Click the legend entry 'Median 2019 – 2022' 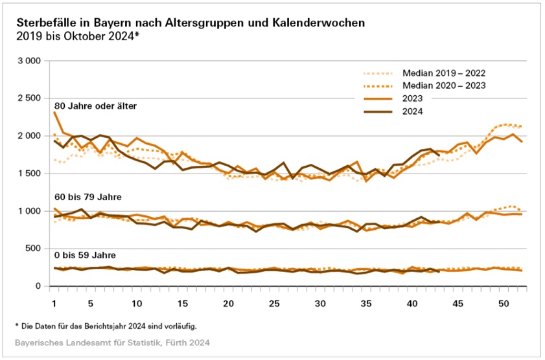click(x=444, y=73)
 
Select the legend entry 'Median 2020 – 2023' click(x=444, y=86)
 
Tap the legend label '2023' click(x=413, y=98)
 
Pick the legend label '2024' click(x=413, y=111)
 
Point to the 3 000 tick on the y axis click(x=29, y=61)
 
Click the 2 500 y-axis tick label click(x=29, y=98)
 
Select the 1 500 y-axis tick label click(x=29, y=174)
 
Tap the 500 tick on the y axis click(x=33, y=249)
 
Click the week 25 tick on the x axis click(x=274, y=303)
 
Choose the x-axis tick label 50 click(x=502, y=303)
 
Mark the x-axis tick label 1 click(x=54, y=303)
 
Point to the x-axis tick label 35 click(x=365, y=303)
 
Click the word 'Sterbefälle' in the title click(x=45, y=23)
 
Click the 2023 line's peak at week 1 click(x=54, y=112)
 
